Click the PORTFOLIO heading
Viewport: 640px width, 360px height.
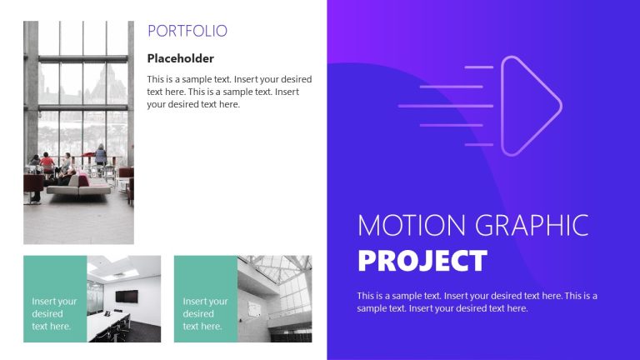tap(187, 32)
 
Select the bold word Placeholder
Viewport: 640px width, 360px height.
tap(180, 58)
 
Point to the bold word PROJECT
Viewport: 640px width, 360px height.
tap(422, 261)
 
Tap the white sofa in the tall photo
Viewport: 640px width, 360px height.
tap(78, 185)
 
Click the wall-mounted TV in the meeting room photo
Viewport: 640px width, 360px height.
tap(127, 296)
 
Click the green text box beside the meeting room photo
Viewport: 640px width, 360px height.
tap(55, 299)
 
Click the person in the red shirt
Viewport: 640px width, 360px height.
tap(48, 162)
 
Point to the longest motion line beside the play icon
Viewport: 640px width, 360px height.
tap(433, 106)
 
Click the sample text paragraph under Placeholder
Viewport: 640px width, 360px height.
tap(223, 92)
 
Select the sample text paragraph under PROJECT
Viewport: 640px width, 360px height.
tap(477, 302)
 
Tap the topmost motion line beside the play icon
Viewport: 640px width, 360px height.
tap(478, 67)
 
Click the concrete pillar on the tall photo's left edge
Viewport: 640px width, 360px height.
tap(31, 92)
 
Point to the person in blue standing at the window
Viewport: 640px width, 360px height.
tap(101, 153)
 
